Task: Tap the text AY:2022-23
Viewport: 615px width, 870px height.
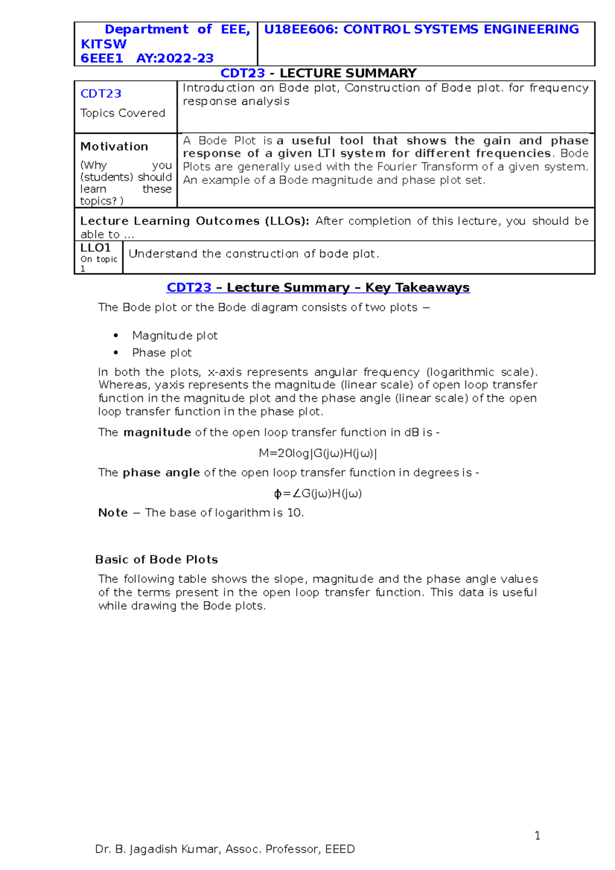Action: coord(175,58)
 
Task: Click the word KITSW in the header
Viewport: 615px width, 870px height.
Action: coord(104,44)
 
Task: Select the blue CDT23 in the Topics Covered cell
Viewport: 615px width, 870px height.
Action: coord(101,94)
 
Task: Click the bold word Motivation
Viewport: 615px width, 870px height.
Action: coord(114,147)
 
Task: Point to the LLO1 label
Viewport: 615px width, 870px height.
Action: coord(95,248)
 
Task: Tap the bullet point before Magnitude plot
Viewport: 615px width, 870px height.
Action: coord(116,336)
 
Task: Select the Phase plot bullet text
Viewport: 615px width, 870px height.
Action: coord(161,353)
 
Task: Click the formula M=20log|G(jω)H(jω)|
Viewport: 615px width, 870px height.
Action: coord(318,453)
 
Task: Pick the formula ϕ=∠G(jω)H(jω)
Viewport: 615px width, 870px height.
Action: coord(318,493)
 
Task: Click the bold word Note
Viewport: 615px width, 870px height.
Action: coord(113,513)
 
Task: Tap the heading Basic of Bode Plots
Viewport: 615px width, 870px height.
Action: coord(156,560)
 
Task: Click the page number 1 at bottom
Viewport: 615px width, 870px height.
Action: coord(537,836)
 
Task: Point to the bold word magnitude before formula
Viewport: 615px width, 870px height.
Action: coord(157,432)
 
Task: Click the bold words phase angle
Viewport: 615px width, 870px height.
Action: coord(161,473)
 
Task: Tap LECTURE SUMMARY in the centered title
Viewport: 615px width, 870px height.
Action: coord(348,73)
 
